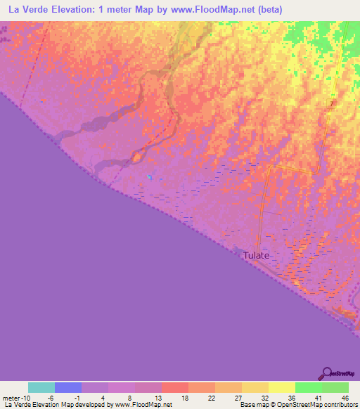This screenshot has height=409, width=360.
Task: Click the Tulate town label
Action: [256, 255]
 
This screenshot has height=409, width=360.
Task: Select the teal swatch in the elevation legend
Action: [41, 387]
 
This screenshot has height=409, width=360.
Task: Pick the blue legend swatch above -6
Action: [68, 387]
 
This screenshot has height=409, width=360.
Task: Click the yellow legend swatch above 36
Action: [281, 387]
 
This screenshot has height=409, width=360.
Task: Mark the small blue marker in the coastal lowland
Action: [148, 176]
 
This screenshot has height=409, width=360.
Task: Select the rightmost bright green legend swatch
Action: [335, 387]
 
